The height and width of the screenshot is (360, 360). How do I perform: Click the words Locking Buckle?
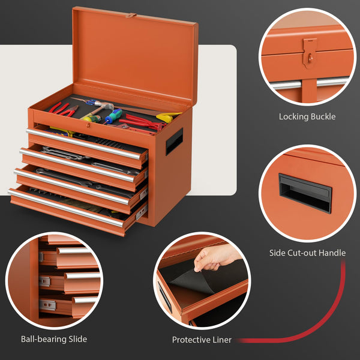pyautogui.click(x=307, y=116)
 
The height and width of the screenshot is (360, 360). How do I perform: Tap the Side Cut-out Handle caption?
pyautogui.click(x=307, y=253)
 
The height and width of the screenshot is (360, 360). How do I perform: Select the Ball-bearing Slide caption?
pyautogui.click(x=54, y=339)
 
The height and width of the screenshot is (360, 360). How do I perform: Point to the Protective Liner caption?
pyautogui.click(x=202, y=340)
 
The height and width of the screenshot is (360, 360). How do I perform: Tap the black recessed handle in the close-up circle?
pyautogui.click(x=305, y=193)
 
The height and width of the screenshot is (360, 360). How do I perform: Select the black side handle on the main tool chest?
pyautogui.click(x=174, y=142)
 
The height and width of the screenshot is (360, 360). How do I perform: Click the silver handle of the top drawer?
pyautogui.click(x=83, y=144)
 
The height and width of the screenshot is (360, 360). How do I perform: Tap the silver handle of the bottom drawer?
pyautogui.click(x=66, y=208)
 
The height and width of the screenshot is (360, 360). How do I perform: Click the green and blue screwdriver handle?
pyautogui.click(x=114, y=116)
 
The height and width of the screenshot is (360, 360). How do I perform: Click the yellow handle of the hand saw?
pyautogui.click(x=168, y=116)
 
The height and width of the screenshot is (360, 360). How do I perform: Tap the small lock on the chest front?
pyautogui.click(x=88, y=125)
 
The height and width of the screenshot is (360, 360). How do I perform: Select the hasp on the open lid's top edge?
pyautogui.click(x=131, y=16)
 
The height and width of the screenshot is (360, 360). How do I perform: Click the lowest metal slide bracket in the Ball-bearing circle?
pyautogui.click(x=47, y=305)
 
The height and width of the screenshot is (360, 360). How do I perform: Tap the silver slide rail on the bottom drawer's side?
pyautogui.click(x=142, y=212)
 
